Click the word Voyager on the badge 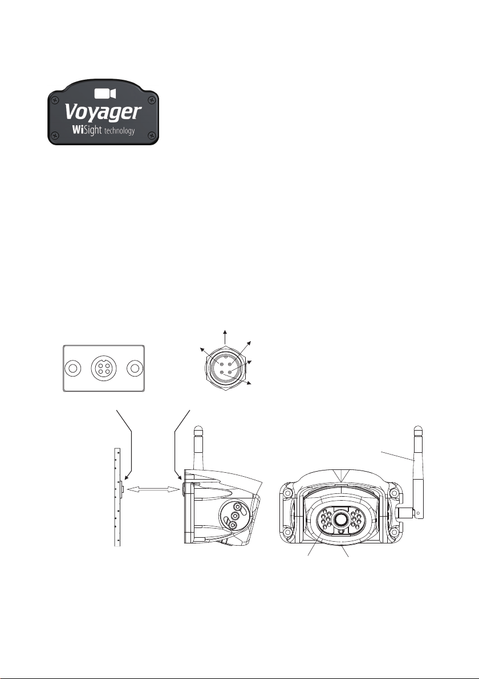tap(103, 111)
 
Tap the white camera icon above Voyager tap(103, 93)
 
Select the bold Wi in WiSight tap(77, 130)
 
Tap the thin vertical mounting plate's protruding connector tap(123, 488)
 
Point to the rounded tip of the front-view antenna tap(417, 429)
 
